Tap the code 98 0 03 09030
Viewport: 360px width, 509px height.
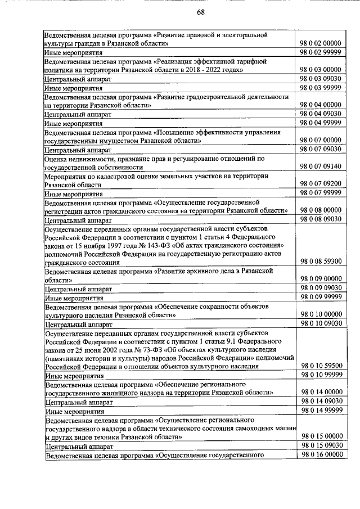[321, 79]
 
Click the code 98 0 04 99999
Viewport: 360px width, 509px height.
[321, 122]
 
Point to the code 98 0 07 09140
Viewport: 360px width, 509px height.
[321, 166]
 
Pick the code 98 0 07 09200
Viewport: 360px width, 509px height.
[321, 184]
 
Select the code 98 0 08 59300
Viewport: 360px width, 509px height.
[321, 262]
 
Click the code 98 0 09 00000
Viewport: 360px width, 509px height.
[321, 279]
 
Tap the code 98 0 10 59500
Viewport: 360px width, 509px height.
[321, 366]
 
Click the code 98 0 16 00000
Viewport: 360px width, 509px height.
[321, 453]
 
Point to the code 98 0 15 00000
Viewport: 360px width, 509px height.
[321, 436]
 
